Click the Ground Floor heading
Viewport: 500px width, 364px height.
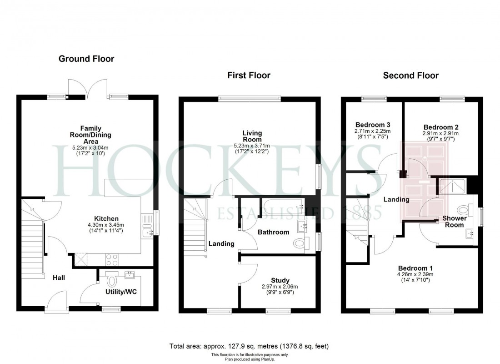[86, 59]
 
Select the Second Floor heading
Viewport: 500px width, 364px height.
[410, 76]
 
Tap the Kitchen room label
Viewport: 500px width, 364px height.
[106, 219]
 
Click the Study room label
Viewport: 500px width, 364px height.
[280, 280]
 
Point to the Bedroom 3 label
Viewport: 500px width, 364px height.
[373, 125]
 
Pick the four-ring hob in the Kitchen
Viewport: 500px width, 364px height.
[112, 259]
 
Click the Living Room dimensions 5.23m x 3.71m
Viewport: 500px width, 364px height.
[252, 146]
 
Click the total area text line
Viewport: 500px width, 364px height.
[249, 346]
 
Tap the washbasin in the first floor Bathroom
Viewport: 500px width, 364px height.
[303, 226]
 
